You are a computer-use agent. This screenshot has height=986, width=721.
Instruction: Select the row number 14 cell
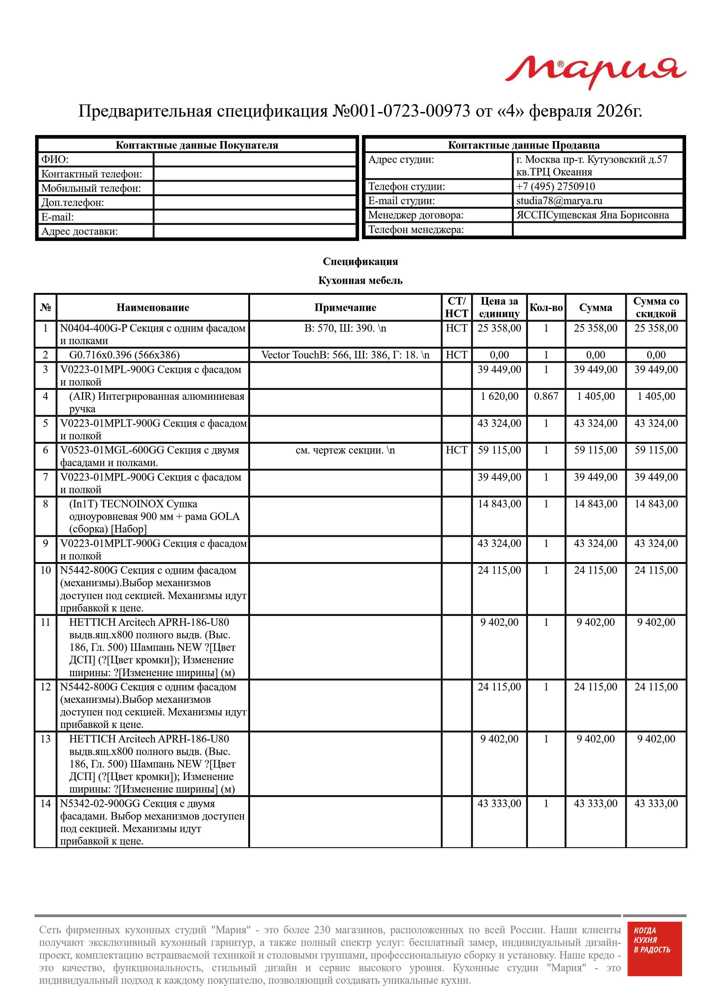(x=45, y=804)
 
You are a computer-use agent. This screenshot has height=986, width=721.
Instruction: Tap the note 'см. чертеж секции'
(x=345, y=450)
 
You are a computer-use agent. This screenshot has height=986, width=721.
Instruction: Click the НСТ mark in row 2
(x=456, y=355)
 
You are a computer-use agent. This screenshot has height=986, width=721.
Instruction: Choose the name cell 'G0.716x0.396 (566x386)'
(x=124, y=355)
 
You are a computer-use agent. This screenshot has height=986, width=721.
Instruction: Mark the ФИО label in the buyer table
(x=55, y=159)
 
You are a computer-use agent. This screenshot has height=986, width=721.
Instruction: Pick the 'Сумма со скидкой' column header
(x=656, y=308)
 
